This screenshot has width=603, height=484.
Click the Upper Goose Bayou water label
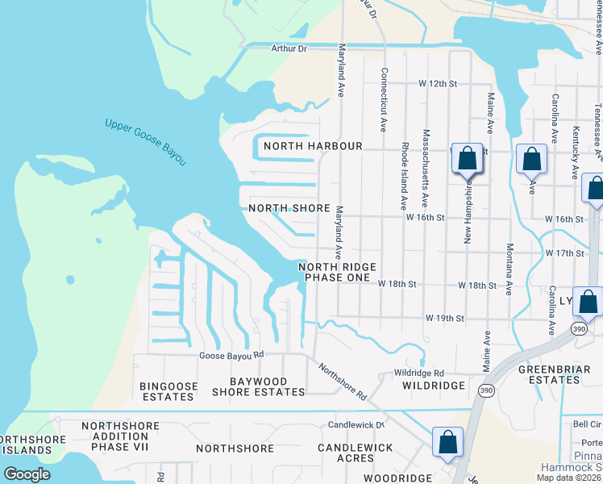pos(145,143)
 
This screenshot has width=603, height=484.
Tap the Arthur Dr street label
pos(289,48)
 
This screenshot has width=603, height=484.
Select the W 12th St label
pos(437,84)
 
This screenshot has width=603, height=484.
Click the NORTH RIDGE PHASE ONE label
pos(336,272)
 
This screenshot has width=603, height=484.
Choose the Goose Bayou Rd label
pos(232,355)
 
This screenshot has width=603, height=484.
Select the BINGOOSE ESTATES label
pos(167,392)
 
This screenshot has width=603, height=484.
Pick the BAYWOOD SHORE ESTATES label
pos(258,386)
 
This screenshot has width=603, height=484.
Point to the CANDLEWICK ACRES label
pos(355,453)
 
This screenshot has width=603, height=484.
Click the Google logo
pos(27,474)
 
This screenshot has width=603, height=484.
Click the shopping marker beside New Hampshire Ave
pos(467,160)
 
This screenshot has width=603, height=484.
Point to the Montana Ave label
pos(509,269)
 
